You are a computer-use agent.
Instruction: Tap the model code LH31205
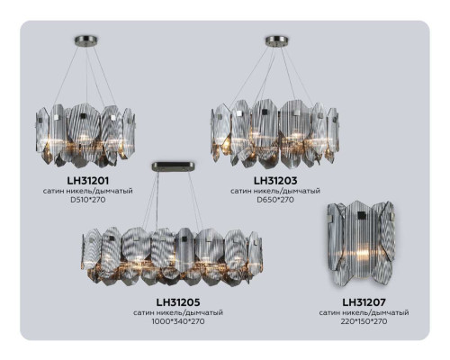[x=176, y=303]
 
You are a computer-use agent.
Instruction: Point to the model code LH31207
[x=364, y=301]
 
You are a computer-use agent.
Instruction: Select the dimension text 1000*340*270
[x=176, y=322]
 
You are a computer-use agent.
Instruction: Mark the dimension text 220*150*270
[x=364, y=321]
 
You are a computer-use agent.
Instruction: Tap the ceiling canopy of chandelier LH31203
[x=274, y=40]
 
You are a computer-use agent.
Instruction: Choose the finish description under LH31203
[x=275, y=191]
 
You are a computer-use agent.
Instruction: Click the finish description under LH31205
[x=176, y=313]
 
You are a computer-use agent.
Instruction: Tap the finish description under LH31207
[x=364, y=312]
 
